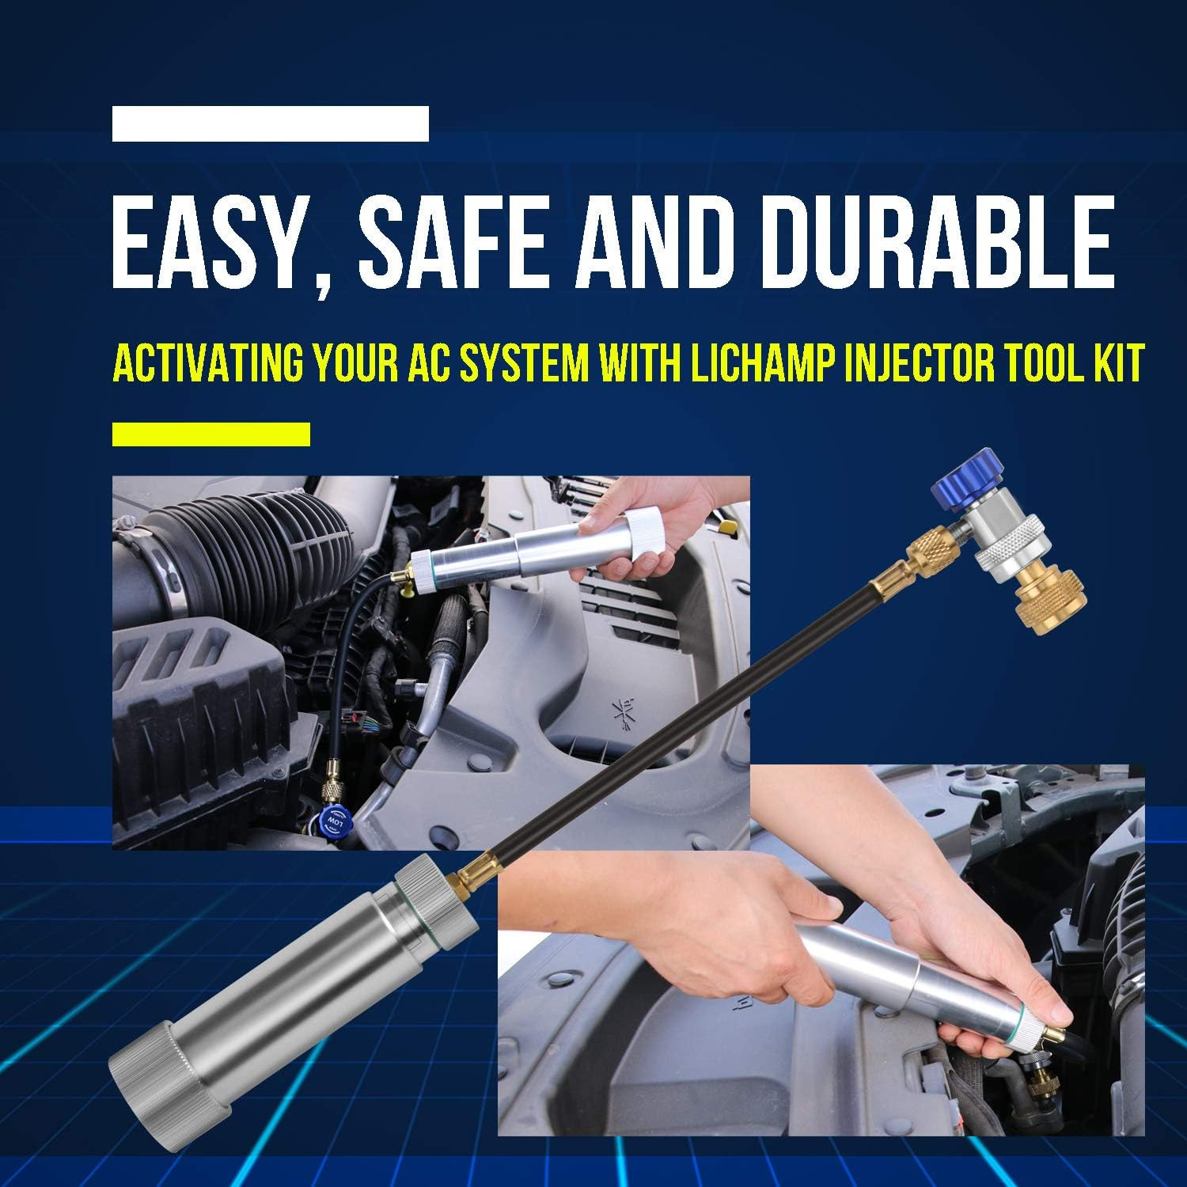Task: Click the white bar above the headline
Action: coord(270,124)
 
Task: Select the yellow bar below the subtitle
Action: coord(210,434)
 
